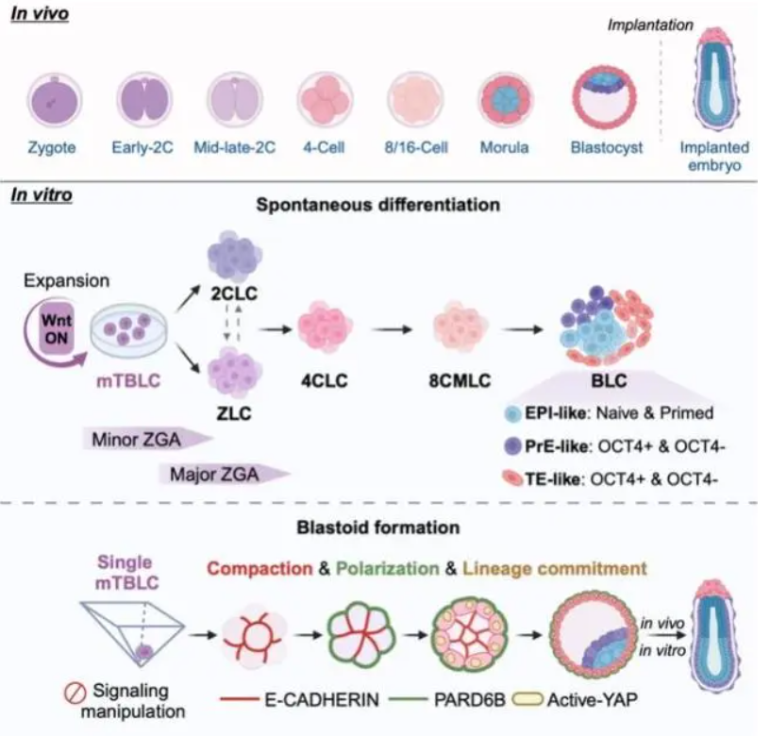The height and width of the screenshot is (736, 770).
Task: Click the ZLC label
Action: coord(230,414)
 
